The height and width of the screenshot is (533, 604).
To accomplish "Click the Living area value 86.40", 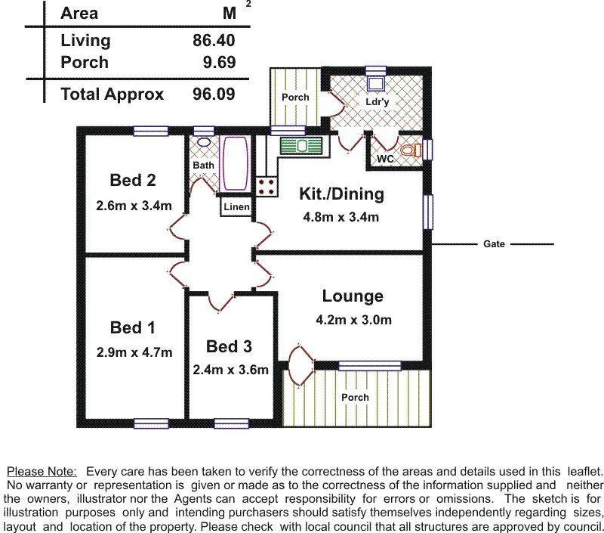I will tap(214, 40).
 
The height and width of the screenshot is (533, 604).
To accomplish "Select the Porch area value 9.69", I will tap(219, 62).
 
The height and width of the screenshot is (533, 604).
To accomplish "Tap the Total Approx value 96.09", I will tap(214, 94).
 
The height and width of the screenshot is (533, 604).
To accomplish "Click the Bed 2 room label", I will tap(133, 180).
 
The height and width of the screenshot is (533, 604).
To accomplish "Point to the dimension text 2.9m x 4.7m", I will tap(134, 352).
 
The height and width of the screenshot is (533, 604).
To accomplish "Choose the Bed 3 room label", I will tap(229, 346).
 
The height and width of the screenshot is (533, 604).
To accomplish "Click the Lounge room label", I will tap(353, 296).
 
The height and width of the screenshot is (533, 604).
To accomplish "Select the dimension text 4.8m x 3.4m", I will tap(341, 217).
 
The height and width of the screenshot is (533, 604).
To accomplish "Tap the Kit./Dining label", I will tap(341, 194).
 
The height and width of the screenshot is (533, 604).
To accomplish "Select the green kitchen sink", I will tap(301, 145).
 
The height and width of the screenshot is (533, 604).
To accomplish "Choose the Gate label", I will tap(494, 244).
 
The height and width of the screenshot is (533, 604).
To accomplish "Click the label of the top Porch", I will tap(295, 98).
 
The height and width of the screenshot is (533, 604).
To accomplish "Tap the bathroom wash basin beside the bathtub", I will tap(204, 142).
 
